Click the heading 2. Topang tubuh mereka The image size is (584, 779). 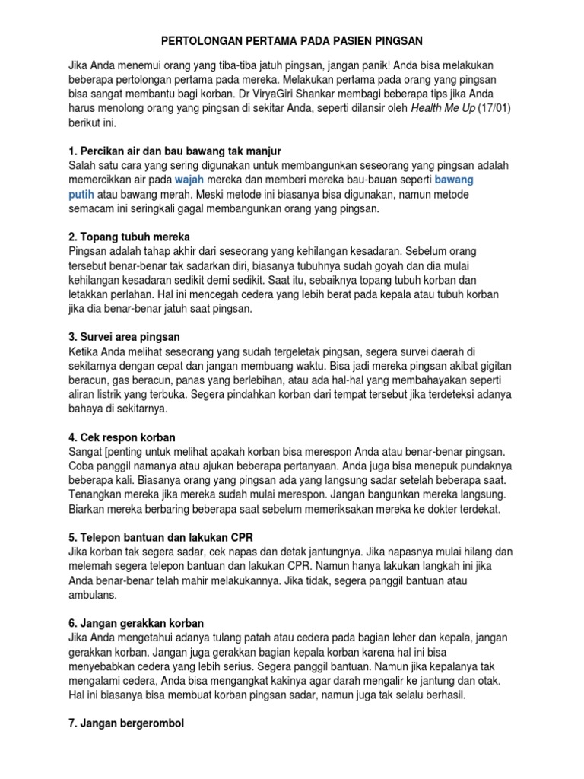point(129,237)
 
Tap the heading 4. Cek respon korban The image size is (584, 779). point(122,437)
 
